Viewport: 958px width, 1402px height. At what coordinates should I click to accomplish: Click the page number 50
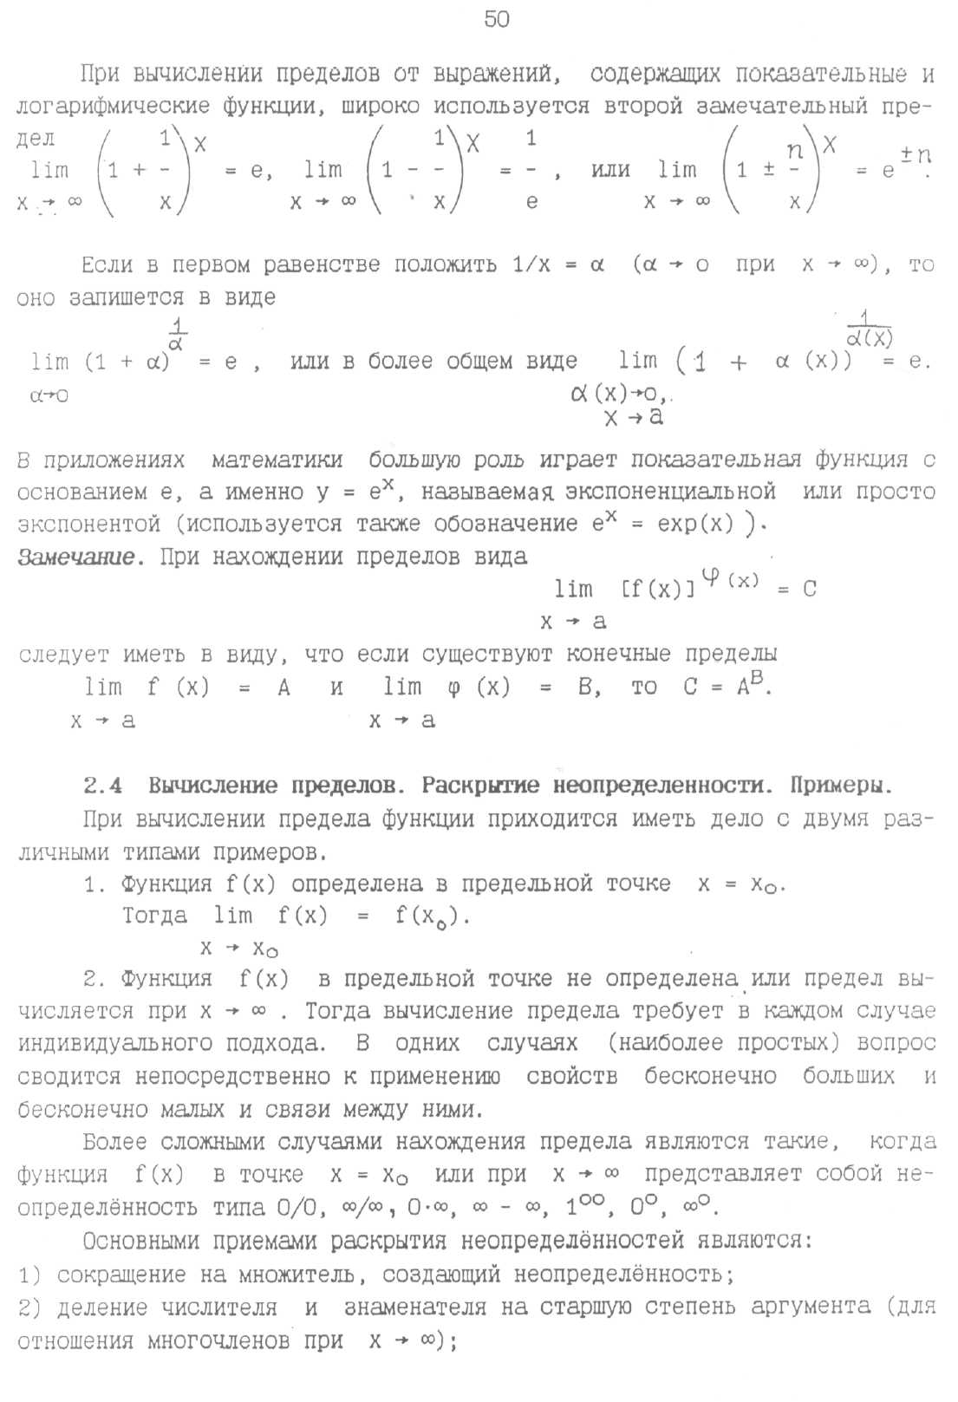[x=497, y=19]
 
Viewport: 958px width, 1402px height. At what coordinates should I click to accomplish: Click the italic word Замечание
[x=76, y=557]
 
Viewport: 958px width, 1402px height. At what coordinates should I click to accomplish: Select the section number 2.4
[x=102, y=786]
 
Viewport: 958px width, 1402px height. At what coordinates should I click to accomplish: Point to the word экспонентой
[x=89, y=525]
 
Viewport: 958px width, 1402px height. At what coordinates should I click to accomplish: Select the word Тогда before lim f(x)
[x=154, y=916]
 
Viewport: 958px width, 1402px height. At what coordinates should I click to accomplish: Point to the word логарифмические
[x=113, y=107]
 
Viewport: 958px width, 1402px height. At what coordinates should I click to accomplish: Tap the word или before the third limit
[x=610, y=170]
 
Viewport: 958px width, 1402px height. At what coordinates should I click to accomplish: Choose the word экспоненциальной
[x=670, y=492]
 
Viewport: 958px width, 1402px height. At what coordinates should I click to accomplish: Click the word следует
[x=63, y=654]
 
